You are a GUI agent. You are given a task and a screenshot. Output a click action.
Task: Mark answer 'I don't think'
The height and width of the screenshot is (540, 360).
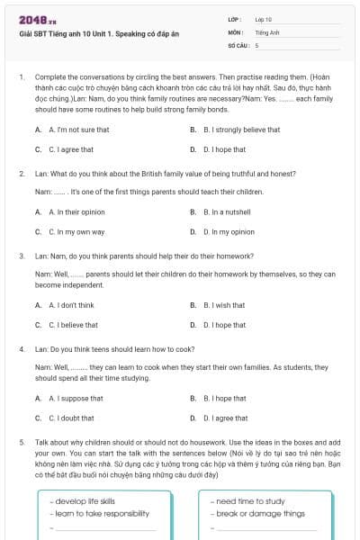(67, 305)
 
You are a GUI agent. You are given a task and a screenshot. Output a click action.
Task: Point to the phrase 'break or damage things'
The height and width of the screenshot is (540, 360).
(260, 513)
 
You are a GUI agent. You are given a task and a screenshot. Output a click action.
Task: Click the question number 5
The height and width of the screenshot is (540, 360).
(22, 444)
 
